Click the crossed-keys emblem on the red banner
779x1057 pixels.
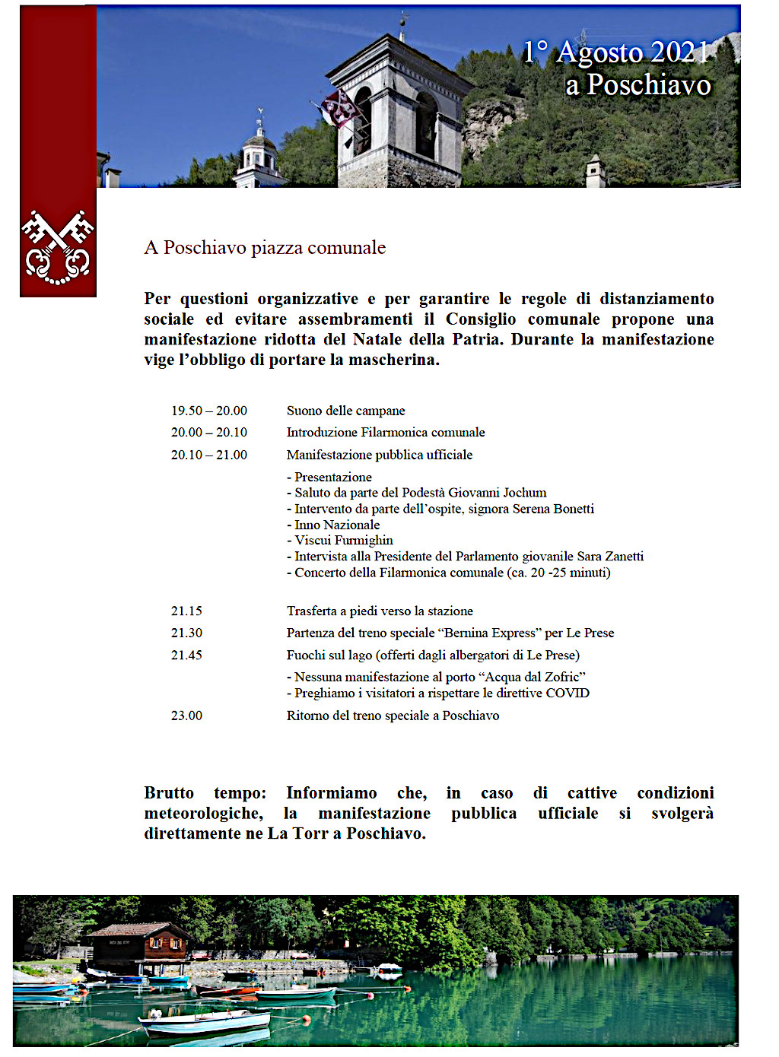click(58, 248)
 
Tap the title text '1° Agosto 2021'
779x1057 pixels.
click(616, 52)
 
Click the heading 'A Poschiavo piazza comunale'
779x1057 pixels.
click(265, 248)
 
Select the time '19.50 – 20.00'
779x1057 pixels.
click(208, 411)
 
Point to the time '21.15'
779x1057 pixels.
click(186, 611)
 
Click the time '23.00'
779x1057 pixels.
click(186, 716)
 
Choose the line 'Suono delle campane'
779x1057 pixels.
click(345, 411)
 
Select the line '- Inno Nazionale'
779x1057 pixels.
click(333, 525)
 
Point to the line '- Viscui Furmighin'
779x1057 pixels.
click(340, 541)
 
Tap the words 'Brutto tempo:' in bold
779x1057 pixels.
click(205, 793)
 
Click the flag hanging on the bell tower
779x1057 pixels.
click(340, 109)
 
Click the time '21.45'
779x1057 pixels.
click(186, 655)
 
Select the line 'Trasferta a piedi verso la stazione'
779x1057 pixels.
click(380, 611)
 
